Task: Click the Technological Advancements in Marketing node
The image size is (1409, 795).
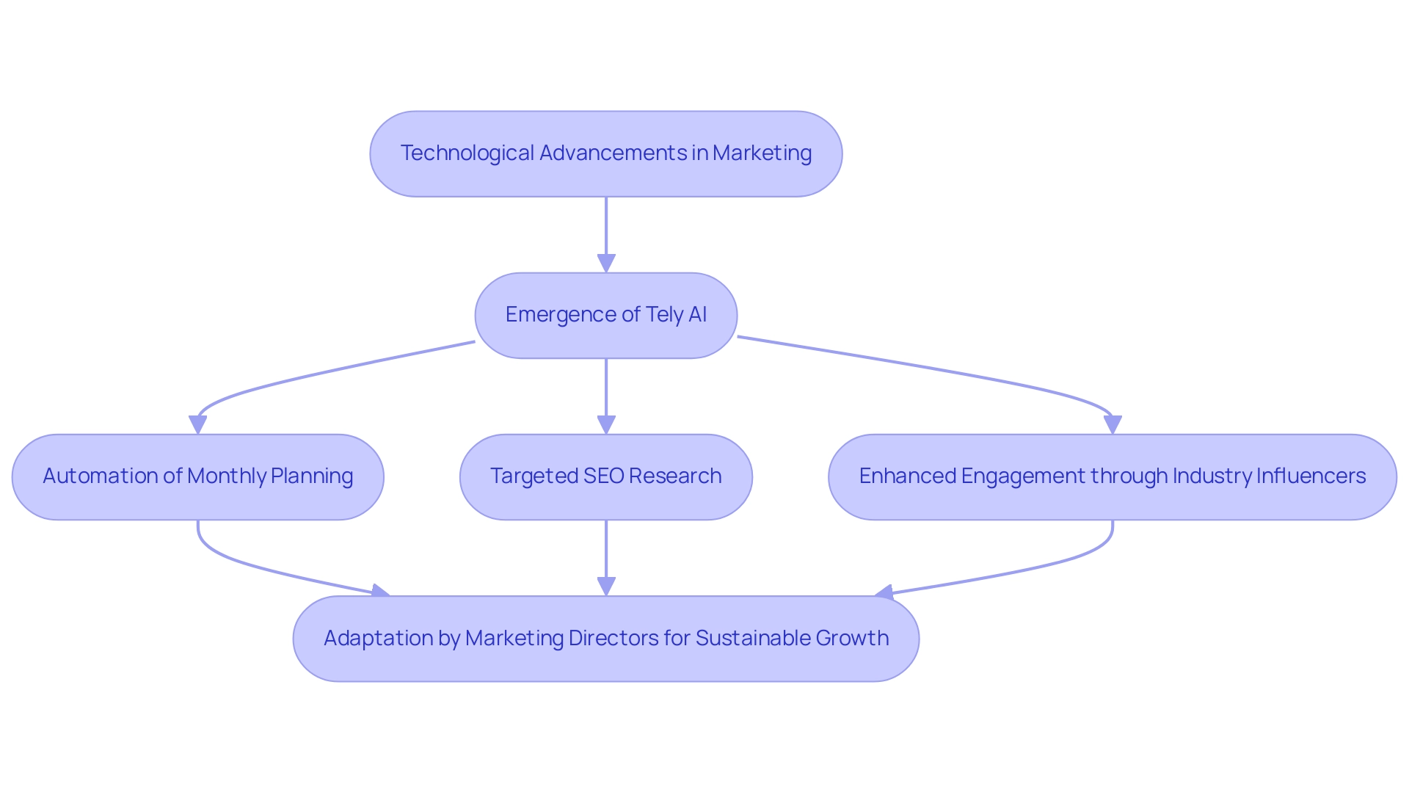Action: (x=605, y=154)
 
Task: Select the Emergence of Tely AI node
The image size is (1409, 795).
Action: (x=605, y=316)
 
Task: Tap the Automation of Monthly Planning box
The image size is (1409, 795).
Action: (x=197, y=477)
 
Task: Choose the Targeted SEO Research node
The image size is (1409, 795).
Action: (x=605, y=477)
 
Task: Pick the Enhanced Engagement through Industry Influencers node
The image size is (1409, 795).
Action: (x=1112, y=477)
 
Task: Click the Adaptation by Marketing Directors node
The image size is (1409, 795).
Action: (x=605, y=639)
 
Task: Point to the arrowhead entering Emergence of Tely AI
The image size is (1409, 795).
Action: (x=606, y=264)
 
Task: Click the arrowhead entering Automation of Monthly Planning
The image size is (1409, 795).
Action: (x=198, y=425)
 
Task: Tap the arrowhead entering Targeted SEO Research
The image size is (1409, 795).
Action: (x=606, y=425)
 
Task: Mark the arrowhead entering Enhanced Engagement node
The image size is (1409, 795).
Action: (x=1113, y=425)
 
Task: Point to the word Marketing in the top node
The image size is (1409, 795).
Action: (x=762, y=153)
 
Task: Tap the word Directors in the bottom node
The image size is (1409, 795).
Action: (x=614, y=639)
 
